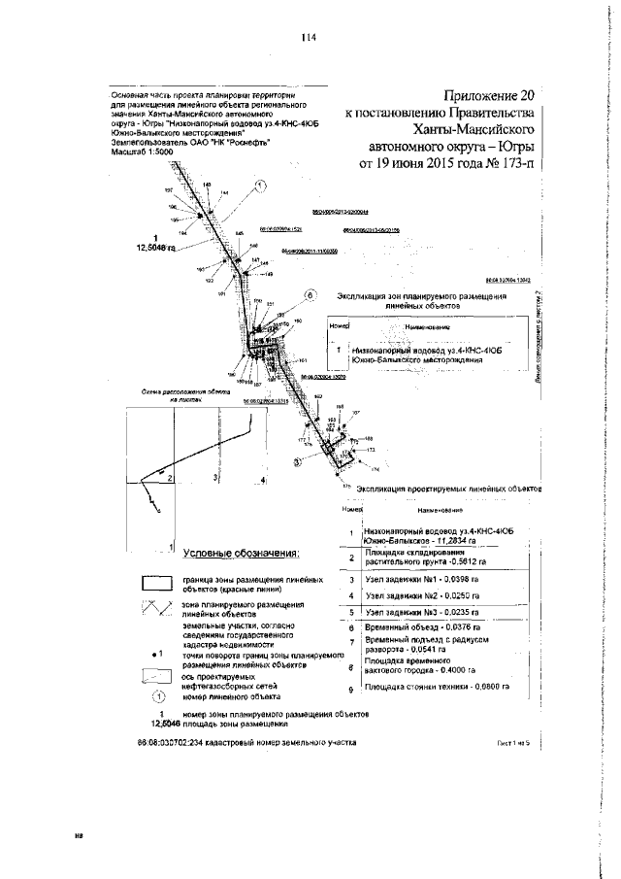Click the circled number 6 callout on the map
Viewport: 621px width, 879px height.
[x=310, y=293]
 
